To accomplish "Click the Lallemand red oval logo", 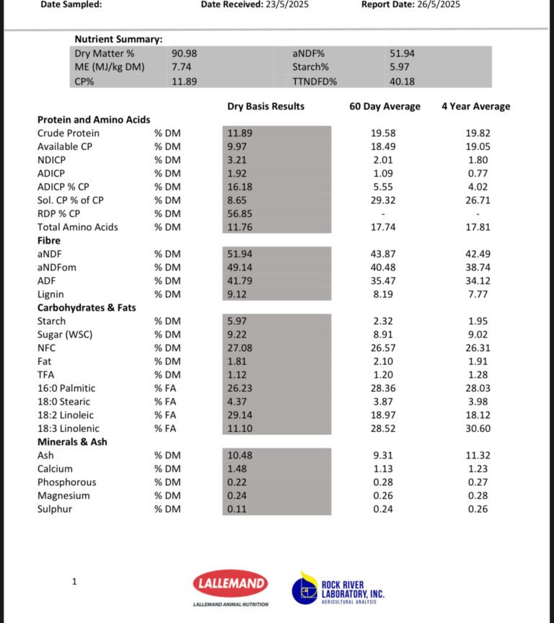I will [230, 584].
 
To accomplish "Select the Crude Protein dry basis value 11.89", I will [239, 133].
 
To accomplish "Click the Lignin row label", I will [50, 294].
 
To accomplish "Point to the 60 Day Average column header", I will [384, 107].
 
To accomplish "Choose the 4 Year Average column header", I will [475, 107].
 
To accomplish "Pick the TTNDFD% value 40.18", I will [402, 81].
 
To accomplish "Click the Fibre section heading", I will [49, 240].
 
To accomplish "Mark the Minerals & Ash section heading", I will [72, 441].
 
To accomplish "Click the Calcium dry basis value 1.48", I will [237, 469].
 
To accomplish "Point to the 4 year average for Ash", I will [477, 455].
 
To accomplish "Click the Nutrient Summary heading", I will [118, 39].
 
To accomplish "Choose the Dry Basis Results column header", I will [265, 107].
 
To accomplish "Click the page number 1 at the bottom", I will [74, 581].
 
